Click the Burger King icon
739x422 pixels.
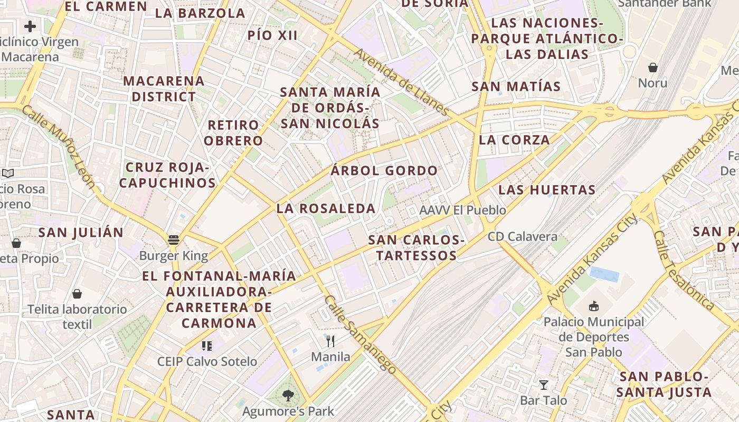[174, 240]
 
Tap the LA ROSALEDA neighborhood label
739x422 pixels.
[326, 208]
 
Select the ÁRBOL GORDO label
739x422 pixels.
[384, 171]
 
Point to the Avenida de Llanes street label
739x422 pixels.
[401, 82]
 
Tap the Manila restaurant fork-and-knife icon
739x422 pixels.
[330, 341]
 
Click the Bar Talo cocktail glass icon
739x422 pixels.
[543, 385]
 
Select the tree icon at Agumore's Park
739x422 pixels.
[288, 395]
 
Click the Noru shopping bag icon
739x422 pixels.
[653, 68]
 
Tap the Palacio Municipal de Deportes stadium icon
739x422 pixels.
[594, 306]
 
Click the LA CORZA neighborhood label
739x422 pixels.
[515, 140]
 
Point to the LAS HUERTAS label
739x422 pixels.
[547, 190]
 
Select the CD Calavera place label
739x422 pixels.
[523, 236]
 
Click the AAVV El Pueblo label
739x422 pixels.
[462, 210]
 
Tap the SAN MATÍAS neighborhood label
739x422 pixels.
[516, 87]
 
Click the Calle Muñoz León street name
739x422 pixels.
[59, 147]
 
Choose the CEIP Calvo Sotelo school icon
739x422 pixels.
[206, 346]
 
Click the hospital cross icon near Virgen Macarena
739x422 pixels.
[30, 26]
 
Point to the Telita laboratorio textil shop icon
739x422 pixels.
[77, 294]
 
